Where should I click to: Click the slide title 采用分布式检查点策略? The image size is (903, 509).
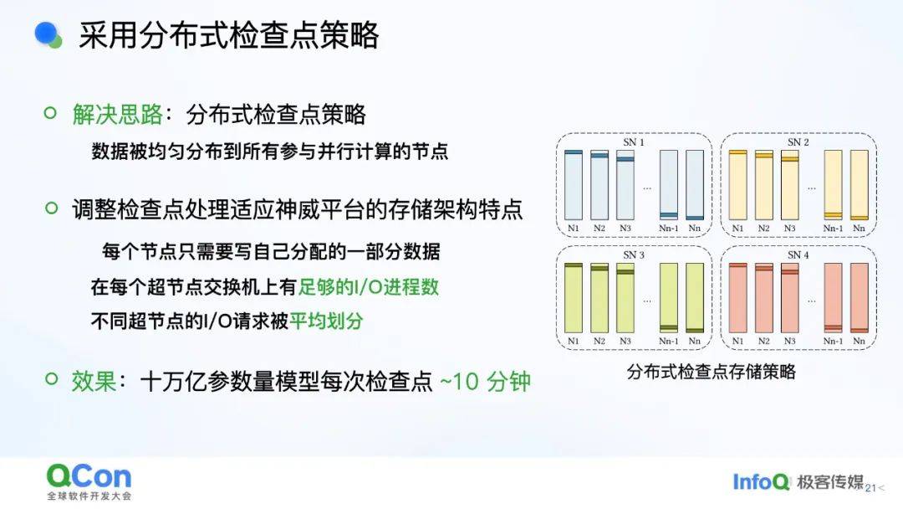[228, 35]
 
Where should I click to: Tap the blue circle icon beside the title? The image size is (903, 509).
[46, 33]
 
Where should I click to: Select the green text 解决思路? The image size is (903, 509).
[118, 114]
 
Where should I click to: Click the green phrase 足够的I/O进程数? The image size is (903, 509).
[369, 286]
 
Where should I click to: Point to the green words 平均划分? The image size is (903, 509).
[326, 321]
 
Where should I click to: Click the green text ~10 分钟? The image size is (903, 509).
[485, 381]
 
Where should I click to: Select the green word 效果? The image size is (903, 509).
[94, 381]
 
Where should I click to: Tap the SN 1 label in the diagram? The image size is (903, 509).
[634, 142]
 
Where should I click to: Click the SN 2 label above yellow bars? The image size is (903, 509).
[798, 142]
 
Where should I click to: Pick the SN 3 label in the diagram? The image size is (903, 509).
[634, 254]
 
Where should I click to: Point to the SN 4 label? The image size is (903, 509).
[798, 254]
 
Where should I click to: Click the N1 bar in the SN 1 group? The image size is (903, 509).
[573, 185]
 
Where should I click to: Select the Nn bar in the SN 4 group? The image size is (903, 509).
[860, 298]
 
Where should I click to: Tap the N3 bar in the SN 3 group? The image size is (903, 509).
[625, 298]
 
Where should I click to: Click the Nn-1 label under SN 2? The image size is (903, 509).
[833, 229]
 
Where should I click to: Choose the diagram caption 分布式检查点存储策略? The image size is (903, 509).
[712, 372]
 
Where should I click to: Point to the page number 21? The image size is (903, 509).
[870, 488]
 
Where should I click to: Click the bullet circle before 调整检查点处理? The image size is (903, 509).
[51, 208]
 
